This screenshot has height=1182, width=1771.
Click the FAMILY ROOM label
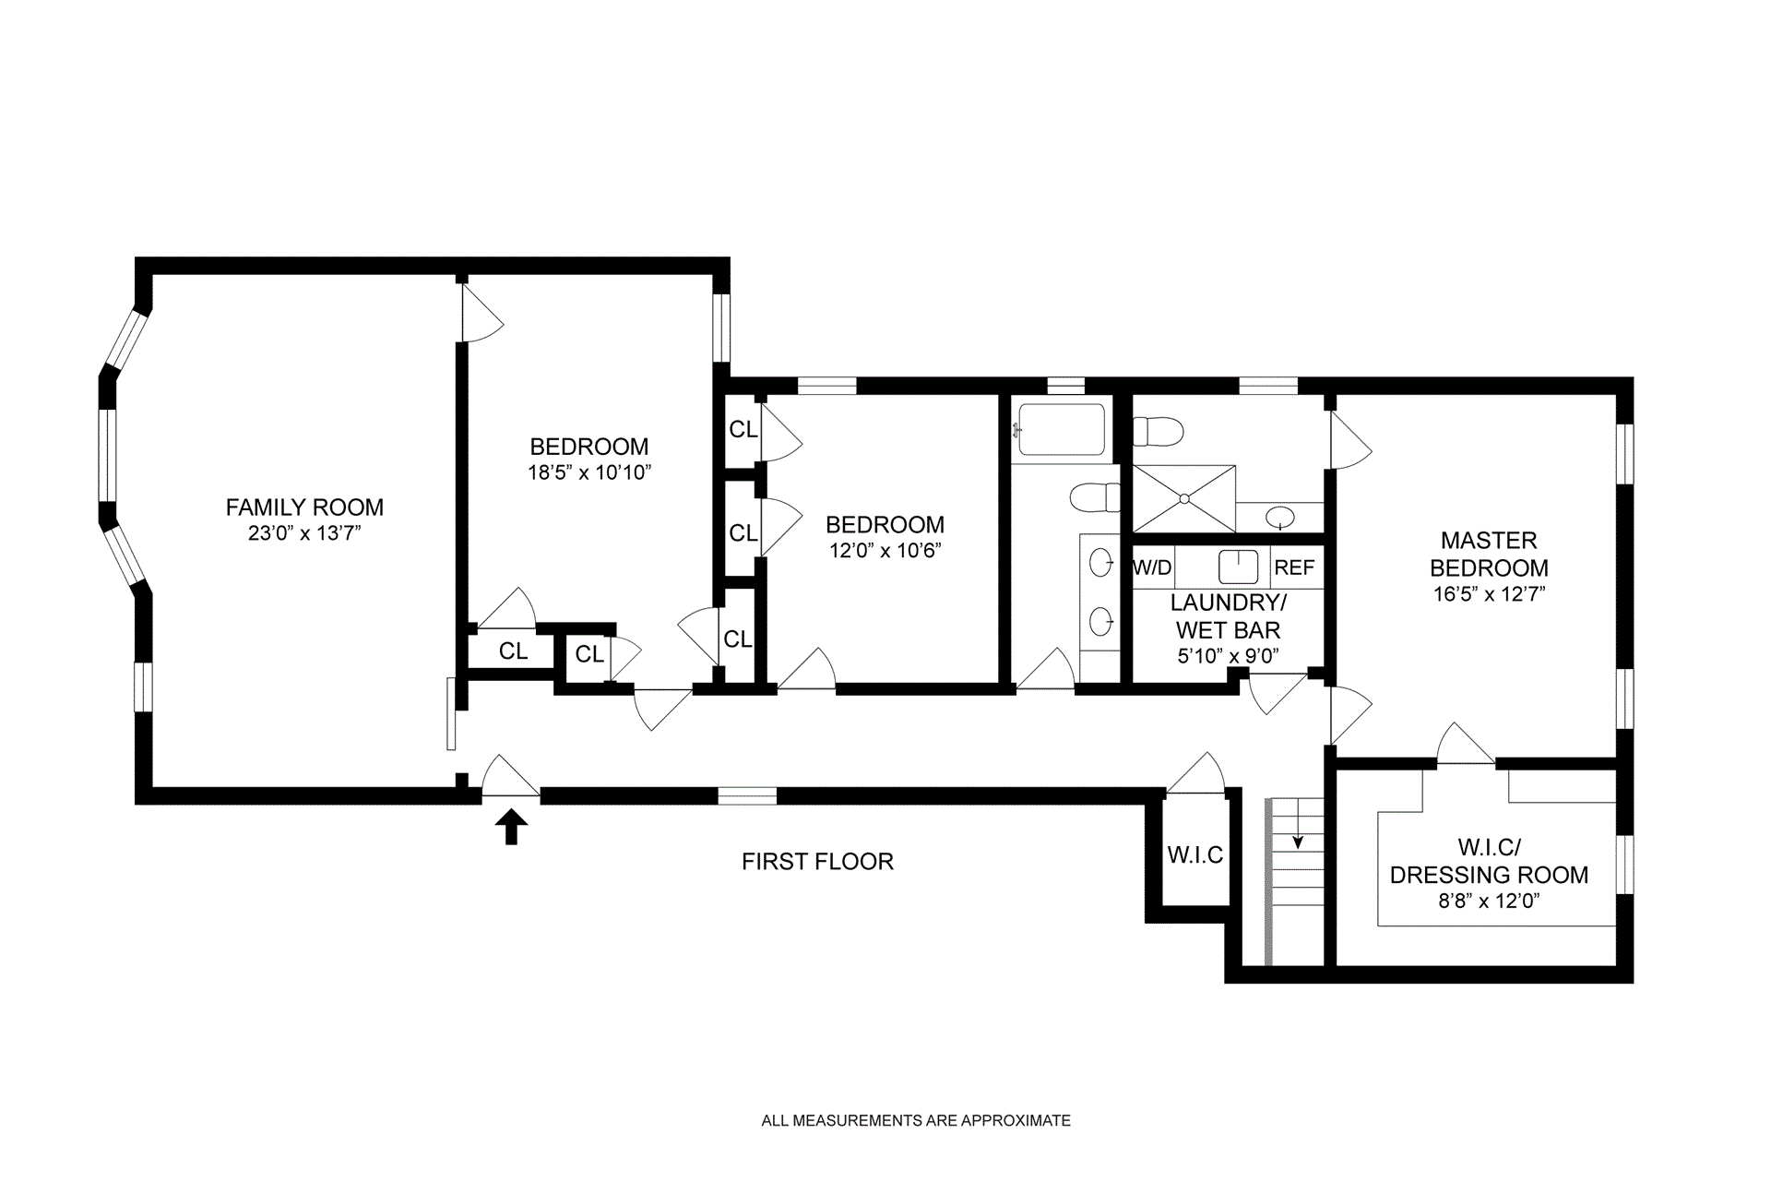coord(304,507)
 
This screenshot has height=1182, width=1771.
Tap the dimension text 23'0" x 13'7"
coord(304,533)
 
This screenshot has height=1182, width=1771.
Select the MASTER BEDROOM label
coord(1489,554)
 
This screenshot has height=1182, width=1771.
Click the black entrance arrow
coord(511,828)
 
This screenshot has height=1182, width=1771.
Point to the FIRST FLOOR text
coord(817,862)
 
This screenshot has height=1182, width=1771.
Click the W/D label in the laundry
coord(1152,567)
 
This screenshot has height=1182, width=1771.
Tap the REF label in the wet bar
coord(1294,567)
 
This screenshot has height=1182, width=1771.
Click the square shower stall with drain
coord(1183,498)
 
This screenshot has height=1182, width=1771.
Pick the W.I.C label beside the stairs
coord(1195,855)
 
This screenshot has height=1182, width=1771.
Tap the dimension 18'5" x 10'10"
coord(590,473)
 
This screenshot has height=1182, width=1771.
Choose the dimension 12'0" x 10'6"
coord(885,551)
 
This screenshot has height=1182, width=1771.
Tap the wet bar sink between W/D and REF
coord(1238,567)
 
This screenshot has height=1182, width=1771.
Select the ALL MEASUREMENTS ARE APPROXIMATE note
coord(916,1121)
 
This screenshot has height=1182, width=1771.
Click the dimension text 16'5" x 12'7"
coord(1489,594)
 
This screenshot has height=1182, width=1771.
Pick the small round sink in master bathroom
coord(1278,517)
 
